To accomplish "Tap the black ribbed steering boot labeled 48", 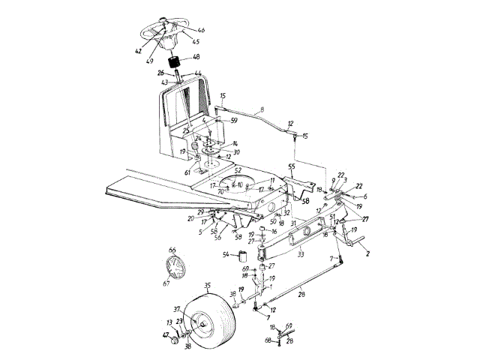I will click(x=176, y=64).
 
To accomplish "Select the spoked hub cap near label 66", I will click(x=174, y=268).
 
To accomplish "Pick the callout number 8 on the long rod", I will click(x=261, y=110).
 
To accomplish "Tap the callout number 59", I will click(x=234, y=119).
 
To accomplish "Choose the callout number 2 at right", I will click(x=367, y=255).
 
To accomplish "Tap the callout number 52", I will click(x=238, y=171).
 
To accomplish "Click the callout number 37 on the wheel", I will click(x=178, y=308).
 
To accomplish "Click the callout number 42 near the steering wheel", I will click(x=138, y=52).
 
